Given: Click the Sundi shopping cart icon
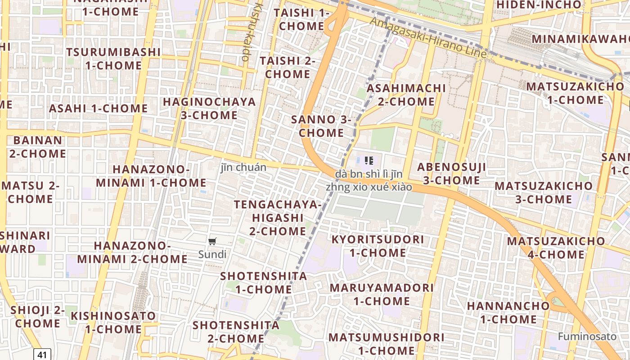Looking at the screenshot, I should tap(212, 241).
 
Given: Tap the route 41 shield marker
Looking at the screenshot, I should tap(42, 355).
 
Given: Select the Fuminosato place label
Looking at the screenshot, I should tap(587, 336).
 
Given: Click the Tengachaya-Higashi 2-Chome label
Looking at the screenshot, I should tap(278, 218).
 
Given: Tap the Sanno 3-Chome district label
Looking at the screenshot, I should tap(321, 126).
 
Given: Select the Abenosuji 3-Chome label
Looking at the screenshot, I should tap(451, 174).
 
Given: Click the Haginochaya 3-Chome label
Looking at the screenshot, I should tap(209, 108).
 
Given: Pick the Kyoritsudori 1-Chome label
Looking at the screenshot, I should tap(378, 246).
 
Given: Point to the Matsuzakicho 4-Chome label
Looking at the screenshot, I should tap(556, 247).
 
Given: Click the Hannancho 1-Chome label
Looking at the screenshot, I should tap(508, 312).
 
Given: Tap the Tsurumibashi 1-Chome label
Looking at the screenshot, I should tap(113, 58).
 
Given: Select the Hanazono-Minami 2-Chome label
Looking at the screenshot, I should tap(132, 252).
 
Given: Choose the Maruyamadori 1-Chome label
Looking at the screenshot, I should tap(382, 294).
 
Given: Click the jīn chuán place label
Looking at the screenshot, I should tap(243, 167).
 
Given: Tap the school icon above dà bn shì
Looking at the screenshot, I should tap(369, 160).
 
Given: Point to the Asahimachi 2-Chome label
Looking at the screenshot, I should tap(406, 94).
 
